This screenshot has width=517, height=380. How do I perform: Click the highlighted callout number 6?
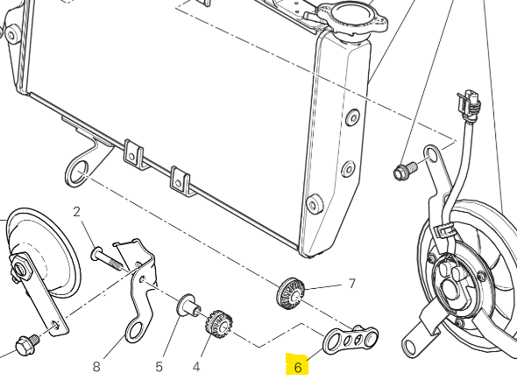point(298,367)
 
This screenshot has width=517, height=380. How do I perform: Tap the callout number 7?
point(352,283)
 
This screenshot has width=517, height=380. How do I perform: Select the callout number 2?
point(76,212)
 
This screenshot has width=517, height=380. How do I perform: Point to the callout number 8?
point(96,366)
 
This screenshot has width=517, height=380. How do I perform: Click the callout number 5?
point(159,367)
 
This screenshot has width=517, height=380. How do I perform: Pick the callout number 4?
point(196,367)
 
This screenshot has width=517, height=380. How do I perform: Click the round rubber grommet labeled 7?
point(290,293)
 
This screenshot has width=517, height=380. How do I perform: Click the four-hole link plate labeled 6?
point(350,340)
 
